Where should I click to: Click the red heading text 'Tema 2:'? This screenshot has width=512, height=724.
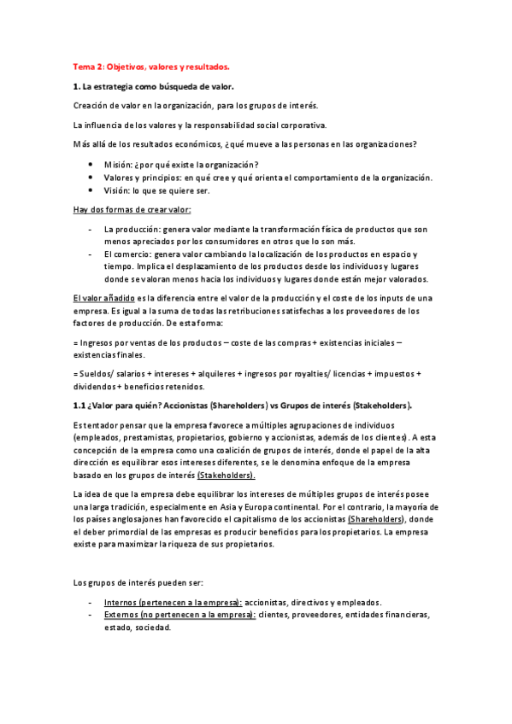[x=89, y=66]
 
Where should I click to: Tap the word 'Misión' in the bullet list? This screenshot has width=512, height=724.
[x=119, y=165]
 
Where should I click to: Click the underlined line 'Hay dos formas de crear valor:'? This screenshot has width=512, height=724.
[x=132, y=210]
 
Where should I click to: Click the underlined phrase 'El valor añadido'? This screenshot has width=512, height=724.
[x=105, y=298]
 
